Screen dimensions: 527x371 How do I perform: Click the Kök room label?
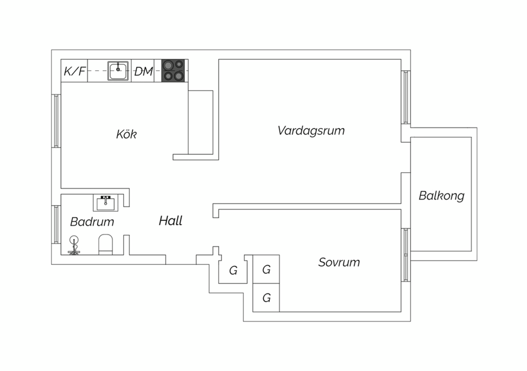pyautogui.click(x=126, y=134)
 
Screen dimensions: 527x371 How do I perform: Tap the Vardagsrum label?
pyautogui.click(x=311, y=130)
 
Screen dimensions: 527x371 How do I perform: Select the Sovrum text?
pyautogui.click(x=339, y=262)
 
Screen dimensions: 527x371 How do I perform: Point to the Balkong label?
pyautogui.click(x=442, y=196)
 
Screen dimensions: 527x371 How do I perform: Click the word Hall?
pyautogui.click(x=170, y=221)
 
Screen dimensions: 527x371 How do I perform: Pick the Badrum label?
pyautogui.click(x=92, y=221)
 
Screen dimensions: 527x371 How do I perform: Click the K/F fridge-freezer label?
pyautogui.click(x=75, y=71)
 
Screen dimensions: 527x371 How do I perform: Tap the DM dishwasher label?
pyautogui.click(x=144, y=71)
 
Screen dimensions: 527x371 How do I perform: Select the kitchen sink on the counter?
pyautogui.click(x=118, y=71)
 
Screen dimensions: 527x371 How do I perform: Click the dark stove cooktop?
pyautogui.click(x=173, y=71)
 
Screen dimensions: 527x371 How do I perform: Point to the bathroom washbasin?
pyautogui.click(x=106, y=203)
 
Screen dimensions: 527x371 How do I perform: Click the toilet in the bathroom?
pyautogui.click(x=106, y=245)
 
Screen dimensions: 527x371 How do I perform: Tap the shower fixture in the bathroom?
pyautogui.click(x=74, y=245)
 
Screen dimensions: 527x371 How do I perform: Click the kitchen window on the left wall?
pyautogui.click(x=56, y=121)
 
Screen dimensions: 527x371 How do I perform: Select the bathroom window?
pyautogui.click(x=56, y=225)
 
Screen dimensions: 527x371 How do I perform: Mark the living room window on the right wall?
pyautogui.click(x=405, y=97)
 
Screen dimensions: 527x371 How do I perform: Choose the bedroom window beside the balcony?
pyautogui.click(x=405, y=255)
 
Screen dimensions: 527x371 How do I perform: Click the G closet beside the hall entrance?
pyautogui.click(x=233, y=270)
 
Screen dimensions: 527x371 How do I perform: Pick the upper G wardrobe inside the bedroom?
pyautogui.click(x=266, y=269)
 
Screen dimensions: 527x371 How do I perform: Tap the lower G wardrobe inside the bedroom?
pyautogui.click(x=266, y=298)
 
